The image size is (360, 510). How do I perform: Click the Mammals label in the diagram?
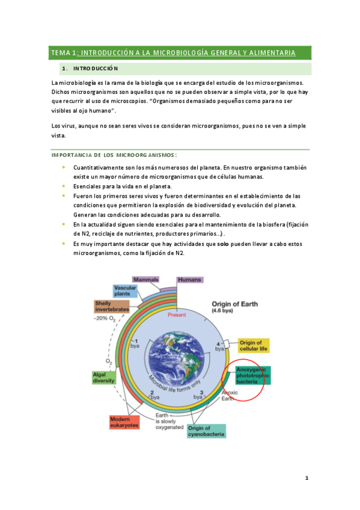tap(146, 280)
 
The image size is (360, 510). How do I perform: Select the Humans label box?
tap(190, 280)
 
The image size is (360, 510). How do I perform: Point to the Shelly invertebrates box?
tap(111, 307)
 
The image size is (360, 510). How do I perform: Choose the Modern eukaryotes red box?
tap(124, 422)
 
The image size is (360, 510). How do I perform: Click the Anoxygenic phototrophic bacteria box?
tap(253, 375)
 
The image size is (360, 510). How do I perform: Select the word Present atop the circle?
tap(177, 315)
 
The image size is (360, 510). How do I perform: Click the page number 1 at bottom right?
tap(306, 478)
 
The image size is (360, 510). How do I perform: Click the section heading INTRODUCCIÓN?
tap(96, 69)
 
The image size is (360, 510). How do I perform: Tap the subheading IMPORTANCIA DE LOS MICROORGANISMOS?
tap(114, 155)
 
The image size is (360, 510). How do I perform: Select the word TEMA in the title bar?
tap(61, 53)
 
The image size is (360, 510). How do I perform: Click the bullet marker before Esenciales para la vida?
tap(63, 186)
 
